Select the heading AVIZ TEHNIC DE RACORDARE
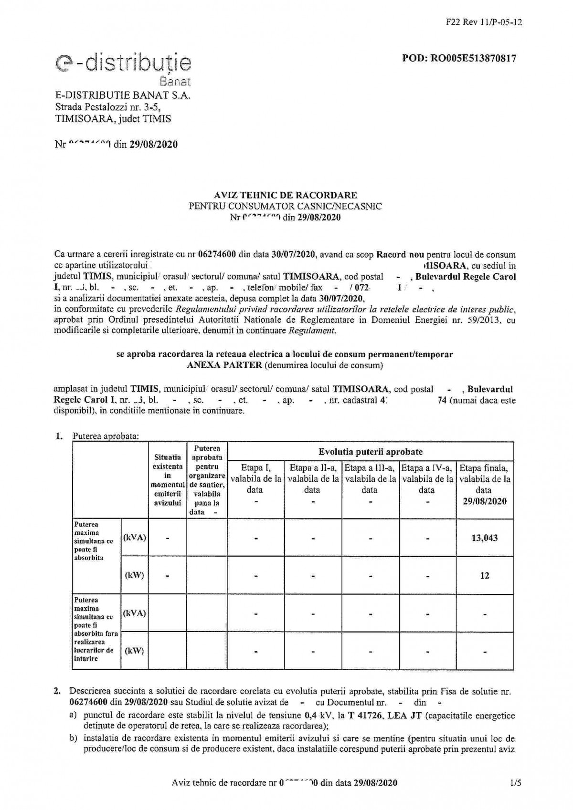pyautogui.click(x=286, y=195)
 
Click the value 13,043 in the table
pyautogui.click(x=484, y=538)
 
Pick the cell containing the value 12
pyautogui.click(x=484, y=575)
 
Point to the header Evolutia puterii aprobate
pyautogui.click(x=371, y=451)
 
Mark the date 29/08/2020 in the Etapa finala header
pyautogui.click(x=484, y=501)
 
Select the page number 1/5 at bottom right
pyautogui.click(x=515, y=783)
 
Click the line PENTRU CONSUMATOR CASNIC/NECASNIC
pyautogui.click(x=286, y=206)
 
